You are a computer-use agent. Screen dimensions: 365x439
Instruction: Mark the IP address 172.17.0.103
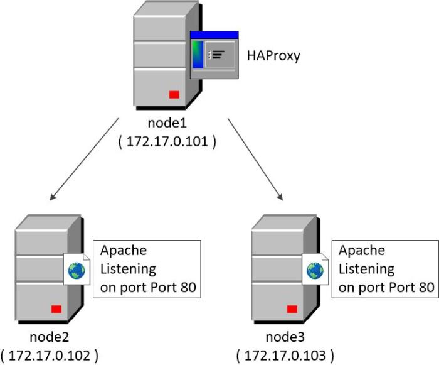(285, 355)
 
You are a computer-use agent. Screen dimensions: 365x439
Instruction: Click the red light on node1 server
(174, 94)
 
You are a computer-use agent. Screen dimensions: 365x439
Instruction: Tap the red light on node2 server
(56, 308)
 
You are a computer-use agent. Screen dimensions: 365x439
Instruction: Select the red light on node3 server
(292, 308)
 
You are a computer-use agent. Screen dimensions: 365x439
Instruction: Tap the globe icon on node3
(314, 271)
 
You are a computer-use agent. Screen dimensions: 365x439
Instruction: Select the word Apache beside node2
(124, 250)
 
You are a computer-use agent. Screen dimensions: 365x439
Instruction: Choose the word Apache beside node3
(362, 250)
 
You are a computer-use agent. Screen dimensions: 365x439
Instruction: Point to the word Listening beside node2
(128, 269)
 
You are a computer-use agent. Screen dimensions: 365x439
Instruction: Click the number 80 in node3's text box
(426, 288)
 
